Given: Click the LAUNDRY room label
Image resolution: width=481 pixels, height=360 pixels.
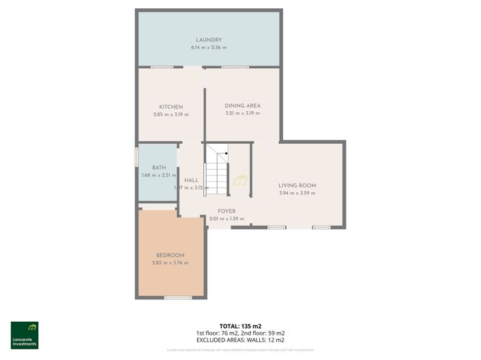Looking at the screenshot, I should pos(209,40).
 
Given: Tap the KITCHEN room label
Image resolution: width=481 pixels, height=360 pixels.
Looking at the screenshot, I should pos(171,107).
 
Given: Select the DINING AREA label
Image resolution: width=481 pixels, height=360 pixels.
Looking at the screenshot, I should pos(243,106).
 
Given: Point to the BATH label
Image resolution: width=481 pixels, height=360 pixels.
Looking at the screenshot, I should pos(159,168).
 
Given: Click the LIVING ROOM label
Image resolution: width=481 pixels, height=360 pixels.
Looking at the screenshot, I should pos(297,185).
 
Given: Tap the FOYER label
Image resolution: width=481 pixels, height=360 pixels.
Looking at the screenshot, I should pos(227,211).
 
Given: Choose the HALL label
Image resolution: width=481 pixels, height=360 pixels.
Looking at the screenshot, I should pos(191,180).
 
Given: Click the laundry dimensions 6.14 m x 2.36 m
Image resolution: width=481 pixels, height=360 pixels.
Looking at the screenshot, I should pos(209,48).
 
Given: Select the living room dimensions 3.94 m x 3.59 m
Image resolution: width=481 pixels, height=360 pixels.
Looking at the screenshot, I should pos(297,193).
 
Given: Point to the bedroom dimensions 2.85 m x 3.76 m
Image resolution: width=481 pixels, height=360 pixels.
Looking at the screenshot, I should pos(171,262).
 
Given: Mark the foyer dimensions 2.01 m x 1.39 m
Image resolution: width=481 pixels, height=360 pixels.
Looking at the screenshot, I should pos(227,218).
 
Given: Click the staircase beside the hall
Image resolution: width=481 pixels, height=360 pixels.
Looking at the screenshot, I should pos(217,172).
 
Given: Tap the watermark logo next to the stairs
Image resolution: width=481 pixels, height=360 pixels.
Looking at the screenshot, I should pos(240,181).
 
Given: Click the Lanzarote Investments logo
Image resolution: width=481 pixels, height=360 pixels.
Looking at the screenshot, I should pos(25,335).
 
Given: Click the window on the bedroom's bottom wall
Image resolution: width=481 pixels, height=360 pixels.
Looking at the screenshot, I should pos(177,298).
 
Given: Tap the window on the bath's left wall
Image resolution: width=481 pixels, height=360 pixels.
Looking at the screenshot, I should pos(136,156).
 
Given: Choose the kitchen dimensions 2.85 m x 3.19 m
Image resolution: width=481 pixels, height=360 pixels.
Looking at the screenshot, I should pos(171,115).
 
